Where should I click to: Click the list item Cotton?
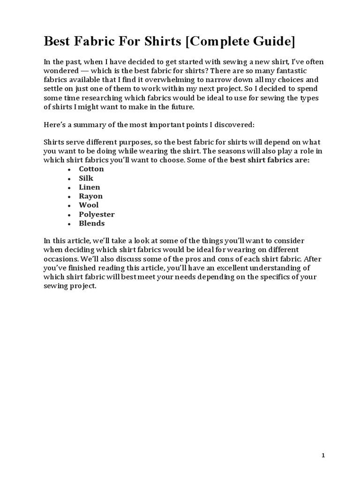tap(91, 169)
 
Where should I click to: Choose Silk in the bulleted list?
tap(86, 178)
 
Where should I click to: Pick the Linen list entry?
tap(89, 187)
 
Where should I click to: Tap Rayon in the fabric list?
tap(90, 196)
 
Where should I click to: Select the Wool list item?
tap(89, 205)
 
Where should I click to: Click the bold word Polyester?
tap(97, 214)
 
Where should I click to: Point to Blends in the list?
tap(91, 223)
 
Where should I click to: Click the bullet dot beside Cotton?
tap(69, 169)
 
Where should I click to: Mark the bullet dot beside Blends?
tap(69, 224)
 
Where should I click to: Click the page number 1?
tap(323, 455)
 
